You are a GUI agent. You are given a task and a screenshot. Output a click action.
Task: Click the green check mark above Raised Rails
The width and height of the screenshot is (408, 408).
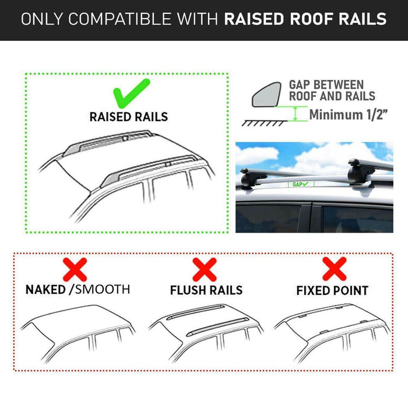131,92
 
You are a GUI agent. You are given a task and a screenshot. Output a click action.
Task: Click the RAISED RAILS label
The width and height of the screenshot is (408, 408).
128,117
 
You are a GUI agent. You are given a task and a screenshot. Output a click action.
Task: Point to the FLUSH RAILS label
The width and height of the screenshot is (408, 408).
206,290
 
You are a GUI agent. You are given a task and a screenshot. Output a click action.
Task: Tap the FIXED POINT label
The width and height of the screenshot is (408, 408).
332,290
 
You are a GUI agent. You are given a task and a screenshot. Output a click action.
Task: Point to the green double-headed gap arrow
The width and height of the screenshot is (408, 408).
297,114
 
